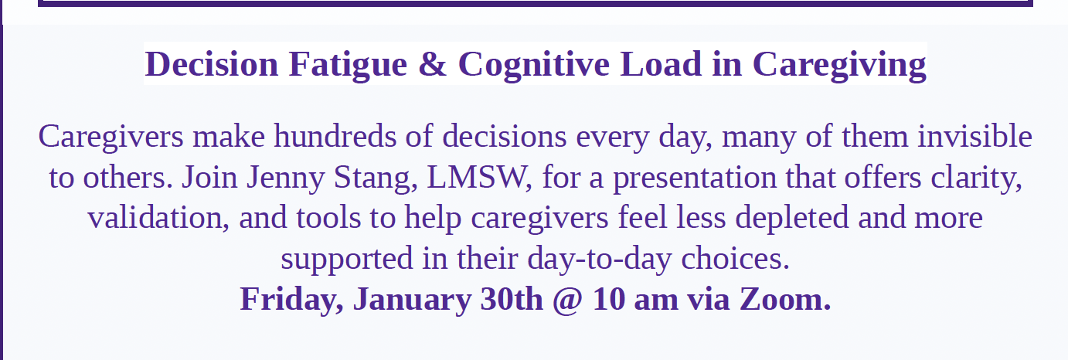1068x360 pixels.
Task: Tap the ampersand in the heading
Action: [433, 64]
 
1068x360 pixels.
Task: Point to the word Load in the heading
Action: [661, 63]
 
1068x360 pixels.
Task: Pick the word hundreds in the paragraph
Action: [335, 137]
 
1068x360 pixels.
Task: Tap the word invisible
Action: [974, 137]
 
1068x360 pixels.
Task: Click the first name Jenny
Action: [284, 178]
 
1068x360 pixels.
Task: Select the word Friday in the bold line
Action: [291, 301]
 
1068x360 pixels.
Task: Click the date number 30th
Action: [512, 300]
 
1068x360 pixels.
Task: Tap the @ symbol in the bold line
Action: [567, 301]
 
